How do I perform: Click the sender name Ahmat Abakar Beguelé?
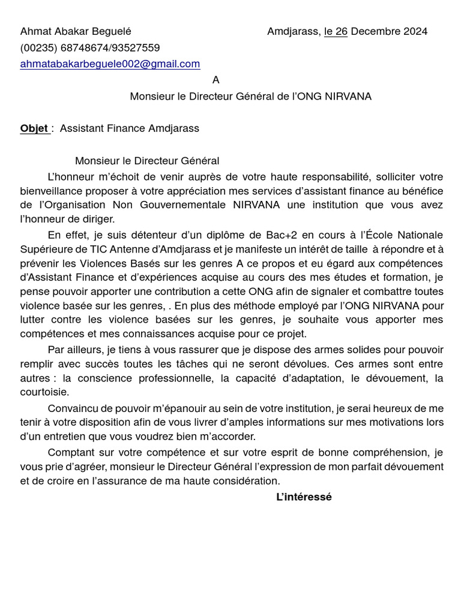pyautogui.click(x=76, y=31)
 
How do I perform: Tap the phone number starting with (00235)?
pyautogui.click(x=90, y=47)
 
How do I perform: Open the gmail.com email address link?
pyautogui.click(x=110, y=64)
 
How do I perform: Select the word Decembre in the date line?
pyautogui.click(x=374, y=31)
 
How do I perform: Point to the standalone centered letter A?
pyautogui.click(x=216, y=80)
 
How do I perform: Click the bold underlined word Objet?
pyautogui.click(x=34, y=128)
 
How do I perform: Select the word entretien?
pyautogui.click(x=59, y=437)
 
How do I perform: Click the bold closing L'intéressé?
pyautogui.click(x=304, y=497)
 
